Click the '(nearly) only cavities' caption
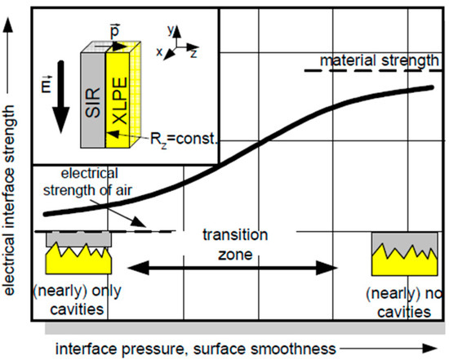(71, 303)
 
